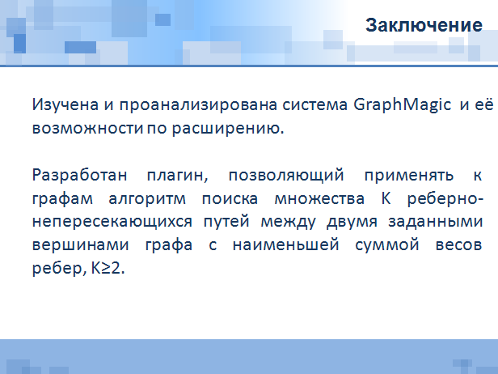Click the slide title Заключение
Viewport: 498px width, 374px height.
[424, 25]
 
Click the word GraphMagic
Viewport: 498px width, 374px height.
[402, 105]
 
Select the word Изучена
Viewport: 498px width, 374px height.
[65, 105]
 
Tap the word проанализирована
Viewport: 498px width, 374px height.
[198, 105]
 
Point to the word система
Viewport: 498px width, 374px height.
[314, 105]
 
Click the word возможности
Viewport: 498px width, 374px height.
[87, 129]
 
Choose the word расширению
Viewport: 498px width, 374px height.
[228, 129]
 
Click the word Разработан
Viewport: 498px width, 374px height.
[80, 176]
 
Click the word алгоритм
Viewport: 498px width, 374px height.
[147, 199]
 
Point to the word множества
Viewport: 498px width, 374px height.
[319, 199]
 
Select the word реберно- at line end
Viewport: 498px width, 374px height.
[445, 199]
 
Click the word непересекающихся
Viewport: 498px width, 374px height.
[112, 222]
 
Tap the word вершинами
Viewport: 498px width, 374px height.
[81, 245]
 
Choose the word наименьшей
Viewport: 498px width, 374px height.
[286, 245]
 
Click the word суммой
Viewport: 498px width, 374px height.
[387, 245]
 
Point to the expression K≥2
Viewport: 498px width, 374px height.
[108, 269]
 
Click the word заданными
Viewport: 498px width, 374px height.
[436, 222]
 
